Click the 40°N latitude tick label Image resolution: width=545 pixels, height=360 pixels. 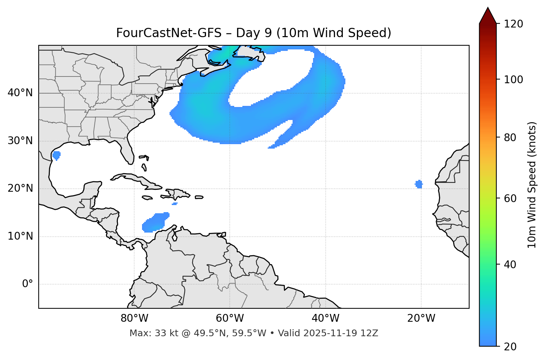pos(20,93)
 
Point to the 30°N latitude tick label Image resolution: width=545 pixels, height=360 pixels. pos(20,141)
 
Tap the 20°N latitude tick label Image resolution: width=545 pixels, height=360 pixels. pos(20,188)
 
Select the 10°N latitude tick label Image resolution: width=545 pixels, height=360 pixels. pos(20,236)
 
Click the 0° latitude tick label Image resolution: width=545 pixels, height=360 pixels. pos(28,284)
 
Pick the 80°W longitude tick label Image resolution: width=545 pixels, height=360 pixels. pos(134,318)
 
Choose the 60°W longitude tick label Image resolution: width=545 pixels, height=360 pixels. pos(230,318)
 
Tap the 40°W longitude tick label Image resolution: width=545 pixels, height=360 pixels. pos(326,318)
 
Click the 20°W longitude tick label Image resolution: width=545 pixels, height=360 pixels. pos(421,318)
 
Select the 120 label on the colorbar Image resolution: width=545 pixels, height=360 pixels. pos(513,24)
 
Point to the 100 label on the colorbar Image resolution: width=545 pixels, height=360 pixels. pos(513,80)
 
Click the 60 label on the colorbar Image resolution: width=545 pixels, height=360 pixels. pos(510,198)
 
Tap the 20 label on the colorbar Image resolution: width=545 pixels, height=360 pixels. pos(510,347)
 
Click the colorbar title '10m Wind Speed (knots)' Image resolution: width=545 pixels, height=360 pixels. pos(532,185)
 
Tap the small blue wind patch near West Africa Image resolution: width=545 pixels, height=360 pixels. pos(419,184)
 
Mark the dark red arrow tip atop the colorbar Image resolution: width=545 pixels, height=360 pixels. pos(488,14)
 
